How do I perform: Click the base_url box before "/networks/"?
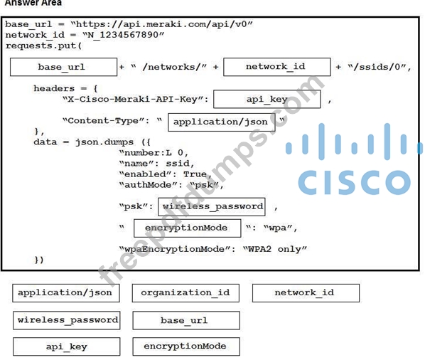click(x=64, y=67)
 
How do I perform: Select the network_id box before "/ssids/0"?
click(x=277, y=67)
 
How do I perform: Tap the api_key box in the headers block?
click(x=267, y=100)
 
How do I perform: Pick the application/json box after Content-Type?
click(x=222, y=122)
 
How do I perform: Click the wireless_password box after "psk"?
click(x=212, y=207)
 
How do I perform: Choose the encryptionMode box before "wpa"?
click(x=188, y=228)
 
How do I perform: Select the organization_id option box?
click(x=185, y=293)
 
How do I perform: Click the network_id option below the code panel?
click(x=306, y=293)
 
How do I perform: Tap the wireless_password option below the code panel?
click(x=67, y=320)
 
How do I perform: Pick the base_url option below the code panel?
click(x=186, y=320)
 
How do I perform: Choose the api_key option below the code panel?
click(x=67, y=346)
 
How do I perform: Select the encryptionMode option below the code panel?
click(x=186, y=346)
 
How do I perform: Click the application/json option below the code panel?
click(x=66, y=292)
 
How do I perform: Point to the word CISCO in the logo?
click(x=354, y=182)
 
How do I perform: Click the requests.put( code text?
click(x=43, y=46)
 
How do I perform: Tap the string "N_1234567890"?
click(x=124, y=35)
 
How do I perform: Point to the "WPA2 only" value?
click(x=275, y=249)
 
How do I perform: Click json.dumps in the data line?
click(x=104, y=142)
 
